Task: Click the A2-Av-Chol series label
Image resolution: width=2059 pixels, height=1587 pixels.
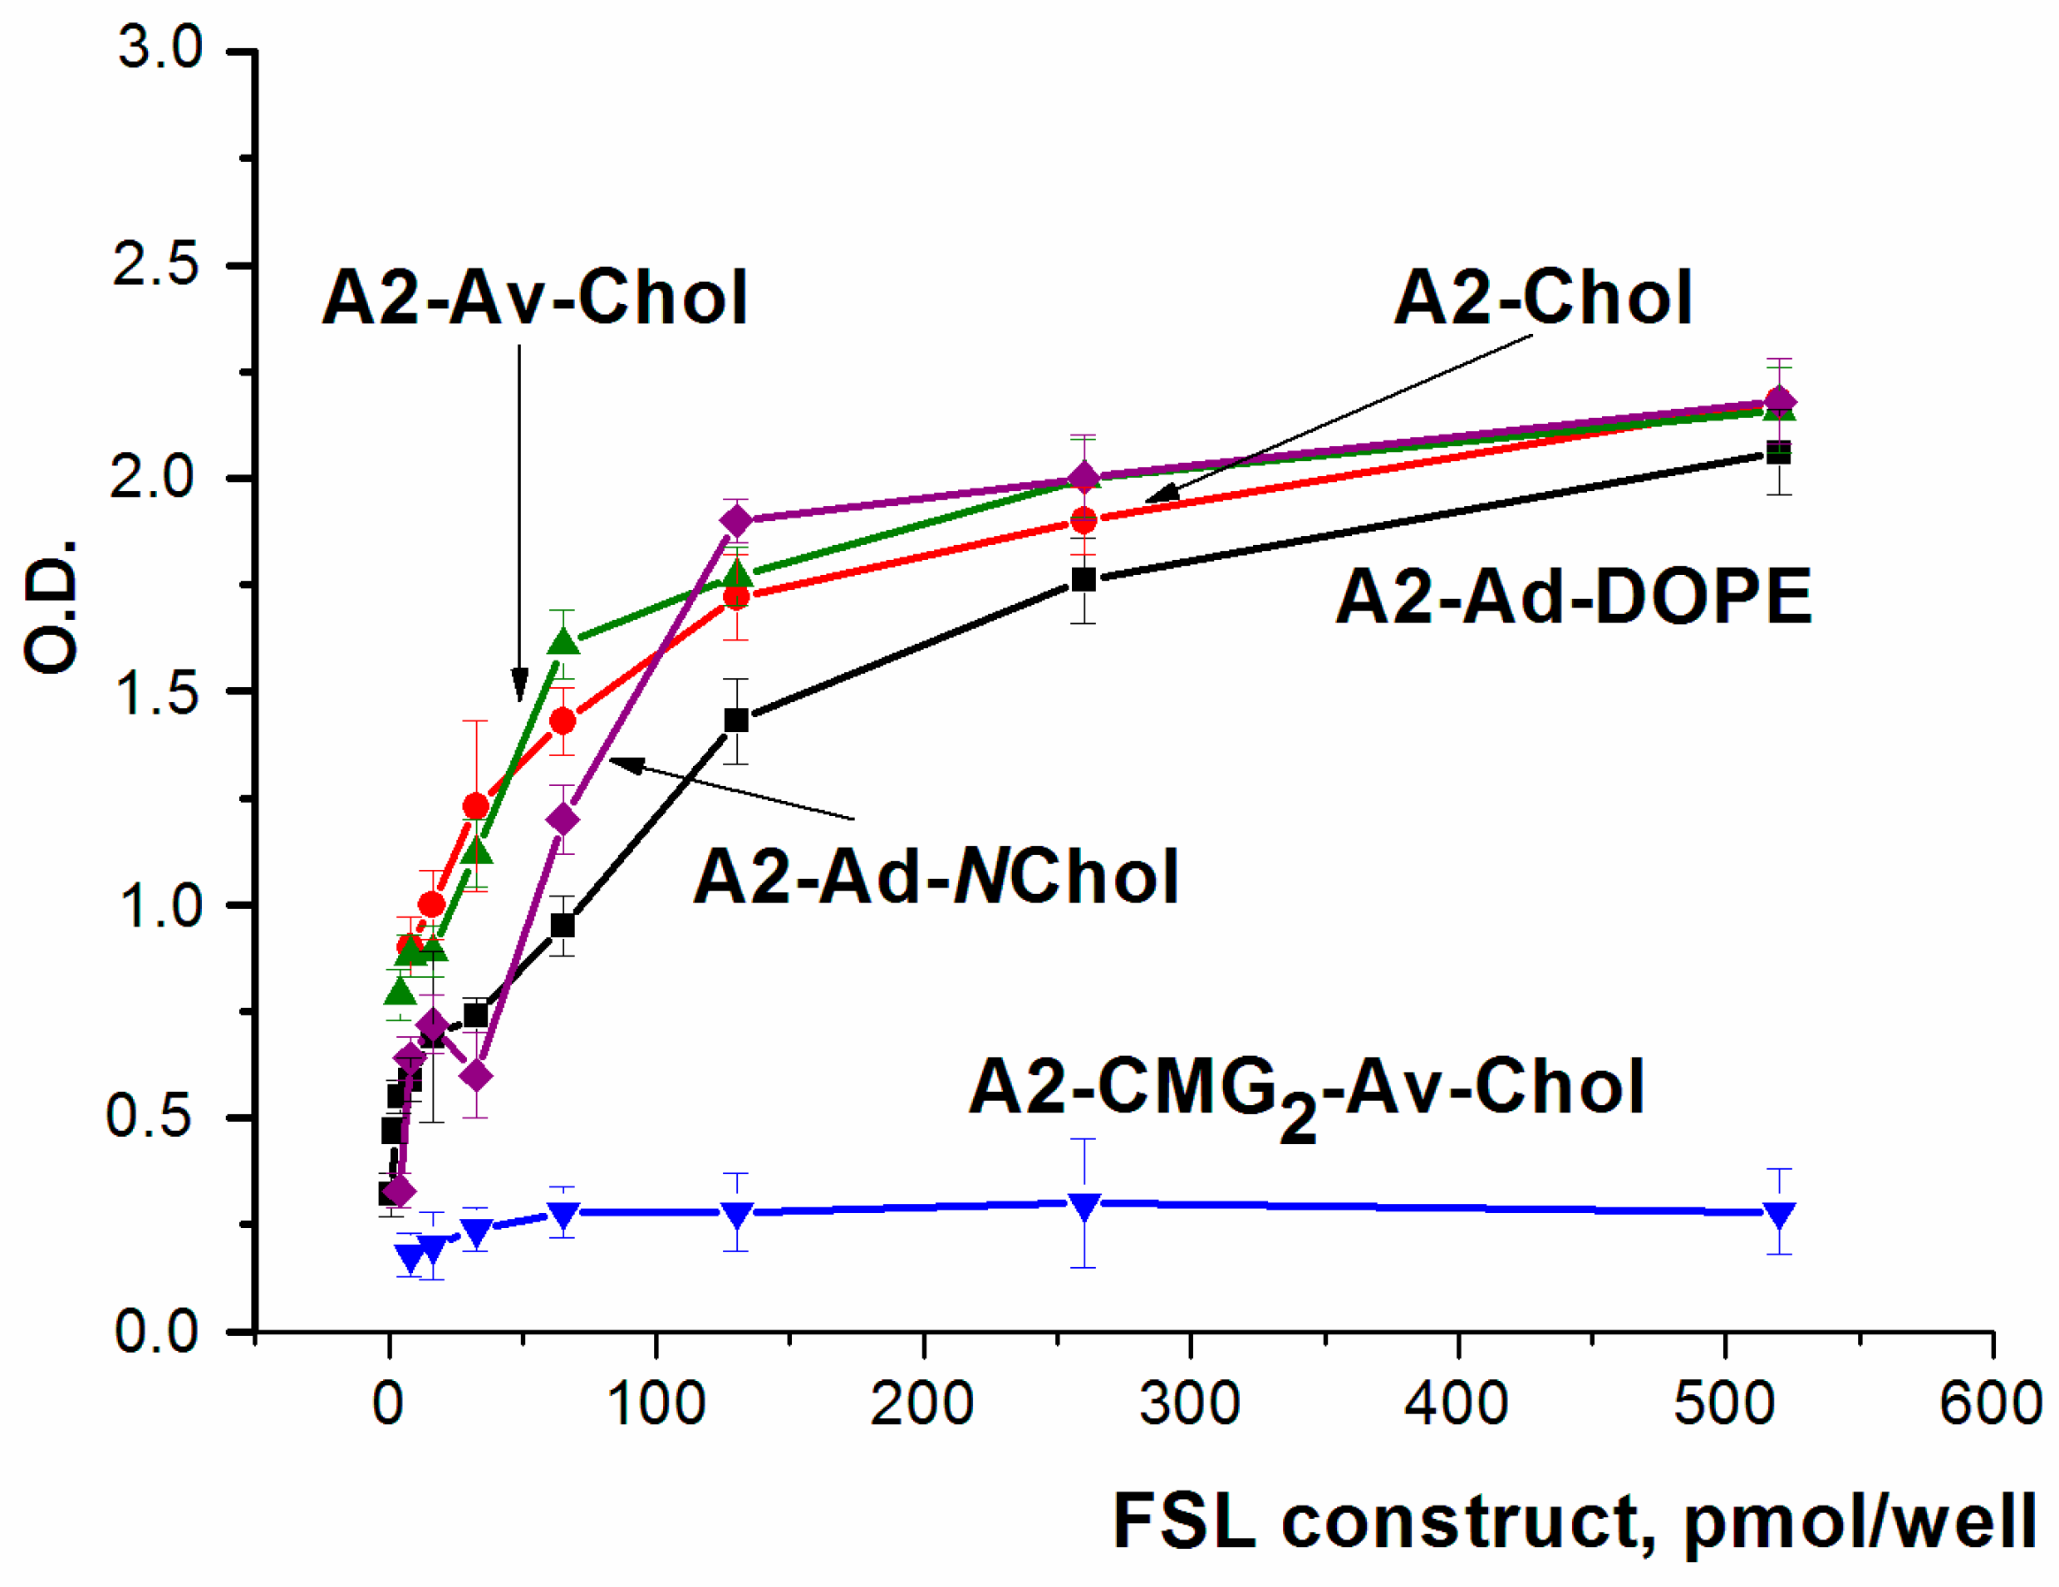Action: click(534, 297)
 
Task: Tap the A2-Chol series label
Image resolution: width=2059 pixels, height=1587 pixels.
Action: click(1543, 297)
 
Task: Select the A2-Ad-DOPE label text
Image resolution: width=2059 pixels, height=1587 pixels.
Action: click(1574, 597)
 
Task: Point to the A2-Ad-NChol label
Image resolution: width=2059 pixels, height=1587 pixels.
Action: click(936, 876)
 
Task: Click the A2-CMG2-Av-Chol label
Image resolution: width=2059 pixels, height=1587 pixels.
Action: click(1307, 1093)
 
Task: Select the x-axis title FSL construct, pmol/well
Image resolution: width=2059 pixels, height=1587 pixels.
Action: click(1575, 1523)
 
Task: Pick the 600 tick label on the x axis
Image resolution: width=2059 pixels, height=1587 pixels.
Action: click(1991, 1403)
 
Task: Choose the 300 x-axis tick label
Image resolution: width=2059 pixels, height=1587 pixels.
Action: click(1190, 1403)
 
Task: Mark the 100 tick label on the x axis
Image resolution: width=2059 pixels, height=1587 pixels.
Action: click(656, 1403)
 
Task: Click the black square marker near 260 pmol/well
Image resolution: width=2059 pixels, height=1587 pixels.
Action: click(1084, 579)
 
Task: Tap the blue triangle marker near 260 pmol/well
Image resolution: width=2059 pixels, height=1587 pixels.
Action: click(1084, 1205)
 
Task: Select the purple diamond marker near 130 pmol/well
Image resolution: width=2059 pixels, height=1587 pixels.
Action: click(737, 520)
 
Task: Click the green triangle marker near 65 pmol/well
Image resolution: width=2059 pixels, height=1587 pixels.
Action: click(563, 641)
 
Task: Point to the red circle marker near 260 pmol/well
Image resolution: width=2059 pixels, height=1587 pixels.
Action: click(1084, 519)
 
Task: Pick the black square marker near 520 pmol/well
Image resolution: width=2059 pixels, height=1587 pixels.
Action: click(1778, 453)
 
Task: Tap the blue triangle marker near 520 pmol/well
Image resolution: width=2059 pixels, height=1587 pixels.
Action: click(1778, 1214)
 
